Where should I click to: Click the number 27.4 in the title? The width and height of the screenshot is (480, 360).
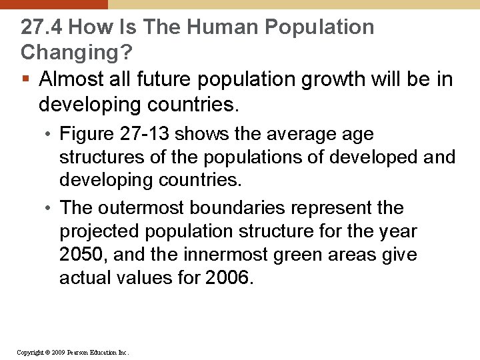(41, 27)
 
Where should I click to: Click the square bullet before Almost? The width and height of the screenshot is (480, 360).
(25, 80)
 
